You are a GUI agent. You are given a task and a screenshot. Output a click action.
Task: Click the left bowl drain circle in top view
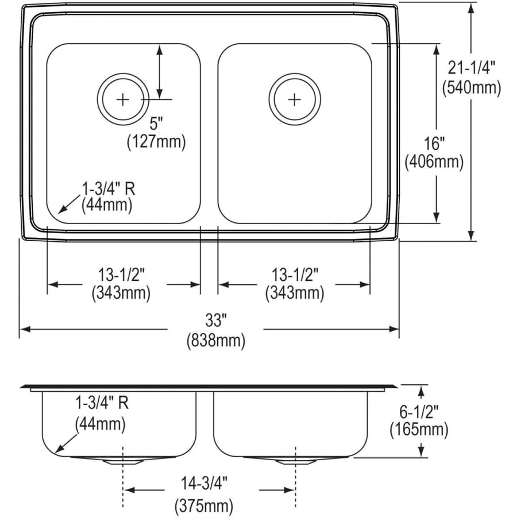click(123, 99)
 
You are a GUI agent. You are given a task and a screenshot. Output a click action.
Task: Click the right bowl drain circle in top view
click(294, 99)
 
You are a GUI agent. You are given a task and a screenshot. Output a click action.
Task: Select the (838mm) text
click(215, 341)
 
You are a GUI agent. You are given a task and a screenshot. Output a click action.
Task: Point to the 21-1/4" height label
click(471, 68)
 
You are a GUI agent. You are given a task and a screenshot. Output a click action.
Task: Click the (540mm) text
click(471, 87)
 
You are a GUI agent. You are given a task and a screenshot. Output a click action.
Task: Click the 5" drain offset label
click(156, 122)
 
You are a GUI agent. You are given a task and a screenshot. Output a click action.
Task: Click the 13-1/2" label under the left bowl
click(121, 275)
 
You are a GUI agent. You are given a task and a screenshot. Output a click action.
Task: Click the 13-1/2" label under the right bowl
click(294, 275)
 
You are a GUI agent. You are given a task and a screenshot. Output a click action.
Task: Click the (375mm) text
click(203, 506)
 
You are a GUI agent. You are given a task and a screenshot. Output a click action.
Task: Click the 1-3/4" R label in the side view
click(101, 403)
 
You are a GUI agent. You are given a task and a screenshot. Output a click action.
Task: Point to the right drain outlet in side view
click(295, 460)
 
